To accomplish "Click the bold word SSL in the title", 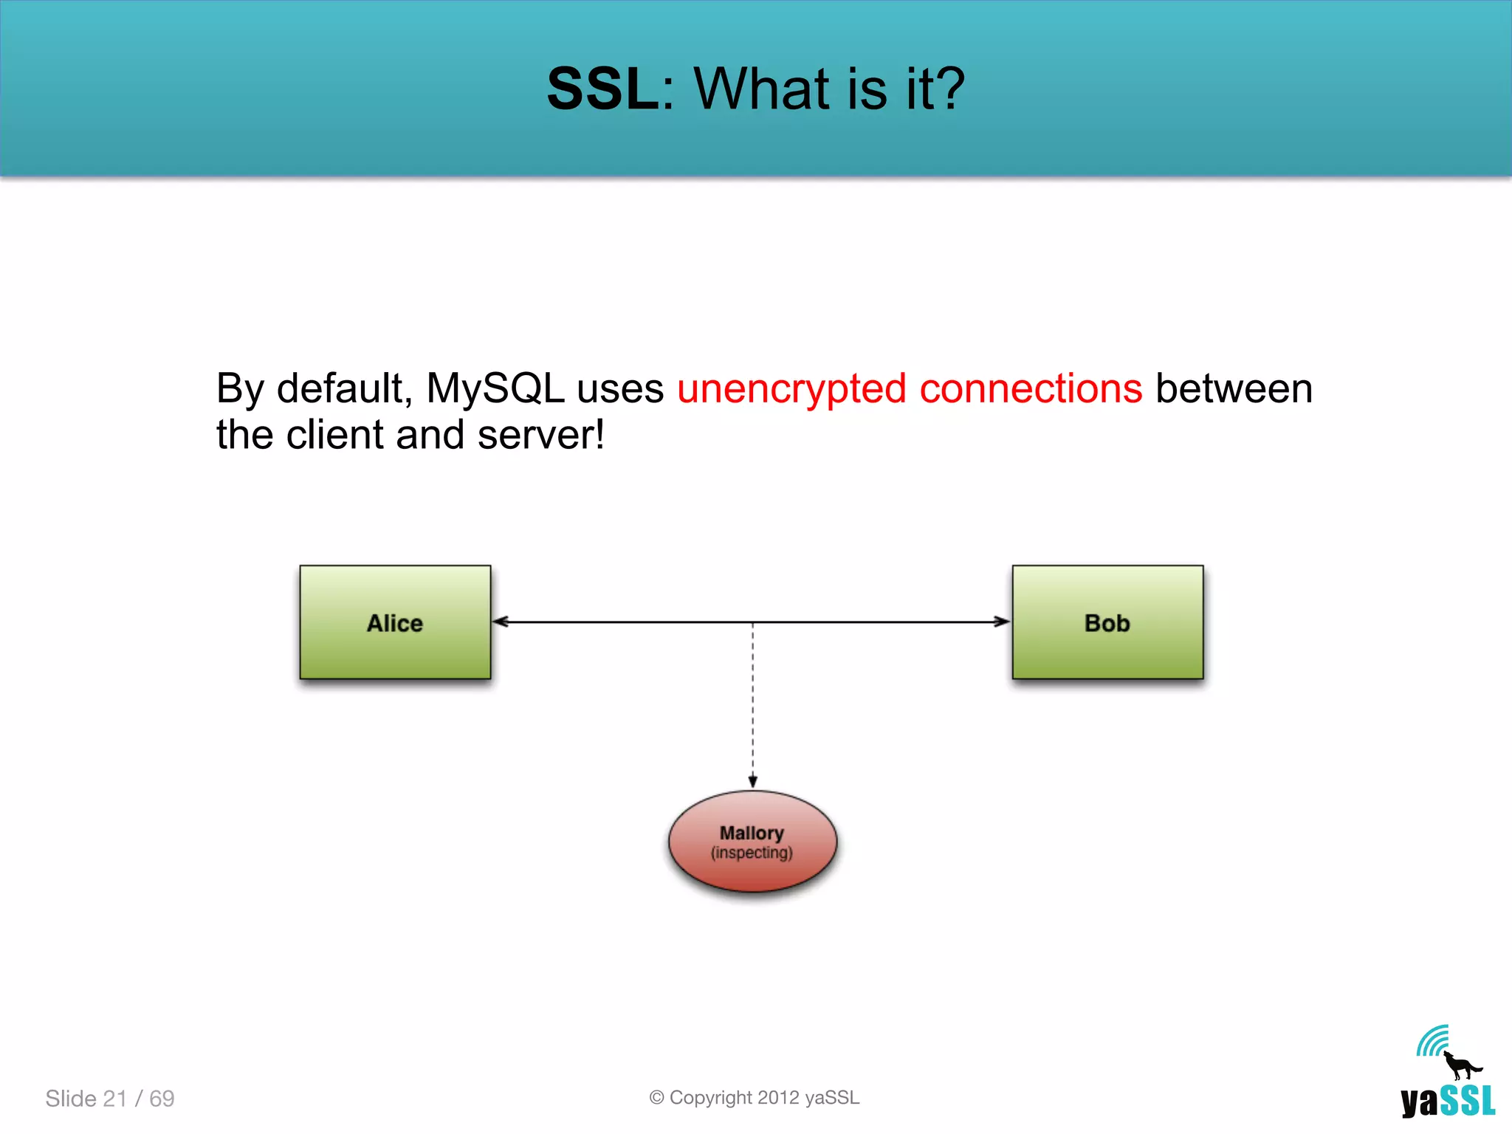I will (x=602, y=89).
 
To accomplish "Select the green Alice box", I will (x=395, y=622).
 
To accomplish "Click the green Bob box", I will (x=1107, y=622).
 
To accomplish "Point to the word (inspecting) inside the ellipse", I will (x=752, y=853).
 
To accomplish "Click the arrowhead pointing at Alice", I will (x=501, y=622).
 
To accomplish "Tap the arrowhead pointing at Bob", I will (x=1001, y=622).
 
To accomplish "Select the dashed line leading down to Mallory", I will (x=752, y=701).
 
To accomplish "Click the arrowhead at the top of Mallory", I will (x=752, y=782).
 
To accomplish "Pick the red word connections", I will (x=1031, y=388).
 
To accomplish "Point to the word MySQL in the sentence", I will (x=495, y=388).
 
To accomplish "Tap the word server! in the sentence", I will (x=541, y=435).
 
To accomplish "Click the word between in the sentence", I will (x=1234, y=388).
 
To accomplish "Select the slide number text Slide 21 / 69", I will (x=110, y=1099).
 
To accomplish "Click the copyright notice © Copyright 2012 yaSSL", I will (x=754, y=1098).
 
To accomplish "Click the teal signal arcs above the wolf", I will (x=1432, y=1041).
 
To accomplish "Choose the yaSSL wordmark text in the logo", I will (x=1448, y=1102).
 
